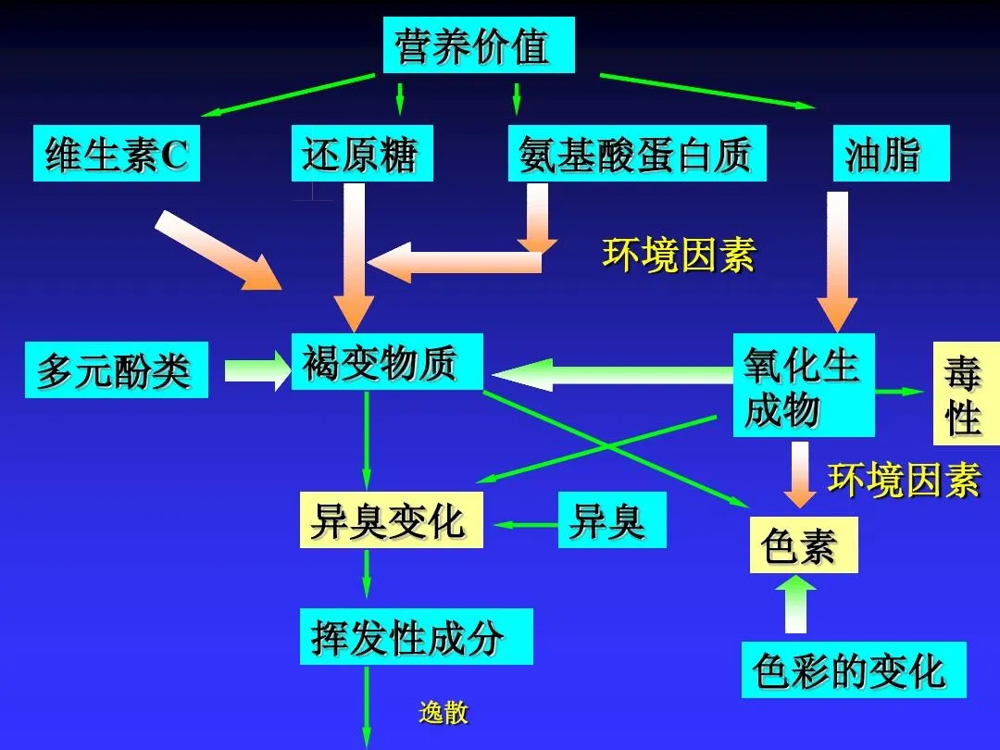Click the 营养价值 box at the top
click(479, 44)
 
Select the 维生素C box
click(116, 153)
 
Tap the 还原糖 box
click(362, 153)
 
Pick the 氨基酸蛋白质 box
click(636, 153)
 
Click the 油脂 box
click(891, 153)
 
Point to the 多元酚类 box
click(116, 369)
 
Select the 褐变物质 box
click(386, 362)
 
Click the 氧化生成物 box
click(804, 385)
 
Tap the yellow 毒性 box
click(966, 393)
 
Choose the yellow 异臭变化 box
click(391, 519)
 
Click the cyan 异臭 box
click(612, 519)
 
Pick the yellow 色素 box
click(804, 544)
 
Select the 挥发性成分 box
click(416, 636)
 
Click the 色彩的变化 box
click(854, 669)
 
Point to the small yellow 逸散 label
click(444, 712)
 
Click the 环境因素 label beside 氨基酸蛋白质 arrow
click(679, 256)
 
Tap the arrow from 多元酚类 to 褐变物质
click(257, 370)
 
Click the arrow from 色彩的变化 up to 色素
click(795, 604)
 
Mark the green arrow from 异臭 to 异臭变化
click(526, 525)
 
